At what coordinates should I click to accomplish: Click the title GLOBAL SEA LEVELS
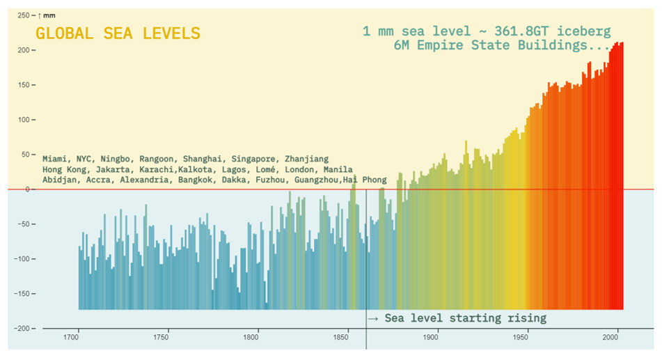[118, 33]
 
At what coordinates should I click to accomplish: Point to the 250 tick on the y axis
[23, 15]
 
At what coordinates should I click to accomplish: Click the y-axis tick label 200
[23, 50]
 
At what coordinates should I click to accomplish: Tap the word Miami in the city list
[56, 159]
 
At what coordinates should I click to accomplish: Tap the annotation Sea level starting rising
[465, 318]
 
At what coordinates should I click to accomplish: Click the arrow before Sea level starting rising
[372, 318]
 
